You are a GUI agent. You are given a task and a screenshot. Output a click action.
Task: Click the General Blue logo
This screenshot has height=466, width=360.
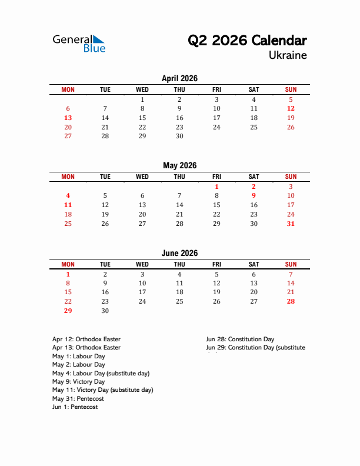point(79,43)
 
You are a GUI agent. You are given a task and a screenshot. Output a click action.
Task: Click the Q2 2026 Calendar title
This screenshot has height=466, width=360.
point(247,41)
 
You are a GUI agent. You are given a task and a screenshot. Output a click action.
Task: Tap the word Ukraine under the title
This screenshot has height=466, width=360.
point(288,55)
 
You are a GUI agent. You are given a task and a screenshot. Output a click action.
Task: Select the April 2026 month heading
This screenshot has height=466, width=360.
point(179,78)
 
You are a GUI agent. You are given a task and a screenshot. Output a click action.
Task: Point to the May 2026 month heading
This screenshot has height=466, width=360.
point(179,165)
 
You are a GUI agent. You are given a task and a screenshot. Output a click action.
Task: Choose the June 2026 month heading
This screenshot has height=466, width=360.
point(179,253)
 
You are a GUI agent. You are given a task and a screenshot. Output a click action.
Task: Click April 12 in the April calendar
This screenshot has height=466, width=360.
point(291,108)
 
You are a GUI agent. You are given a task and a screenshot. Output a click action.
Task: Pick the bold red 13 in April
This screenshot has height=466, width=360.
point(68,118)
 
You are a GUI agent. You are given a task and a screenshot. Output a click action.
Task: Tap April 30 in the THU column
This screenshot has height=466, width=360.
point(179,136)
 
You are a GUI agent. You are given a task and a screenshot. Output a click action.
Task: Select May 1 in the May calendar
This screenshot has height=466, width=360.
point(216,187)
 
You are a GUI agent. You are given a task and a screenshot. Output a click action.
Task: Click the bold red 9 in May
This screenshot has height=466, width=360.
point(254,195)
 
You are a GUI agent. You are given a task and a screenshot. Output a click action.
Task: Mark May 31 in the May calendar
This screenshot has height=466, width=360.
point(291,224)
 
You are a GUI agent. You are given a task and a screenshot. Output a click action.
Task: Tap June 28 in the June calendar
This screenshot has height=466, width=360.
point(291,301)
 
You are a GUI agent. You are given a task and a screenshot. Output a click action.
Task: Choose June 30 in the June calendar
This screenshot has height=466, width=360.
point(105,311)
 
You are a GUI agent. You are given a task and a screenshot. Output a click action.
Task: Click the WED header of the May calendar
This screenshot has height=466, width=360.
point(142,177)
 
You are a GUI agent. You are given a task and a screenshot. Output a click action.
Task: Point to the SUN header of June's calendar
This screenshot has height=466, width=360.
point(291,264)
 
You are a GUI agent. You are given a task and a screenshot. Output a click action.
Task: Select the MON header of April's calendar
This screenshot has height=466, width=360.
point(68,89)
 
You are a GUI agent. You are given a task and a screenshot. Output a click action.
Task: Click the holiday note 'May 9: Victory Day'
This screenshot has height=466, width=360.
point(78,381)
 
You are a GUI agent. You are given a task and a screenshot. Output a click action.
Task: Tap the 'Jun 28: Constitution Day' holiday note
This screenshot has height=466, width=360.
point(240,339)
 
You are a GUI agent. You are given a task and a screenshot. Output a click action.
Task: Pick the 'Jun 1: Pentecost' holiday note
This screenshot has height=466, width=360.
point(75,407)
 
